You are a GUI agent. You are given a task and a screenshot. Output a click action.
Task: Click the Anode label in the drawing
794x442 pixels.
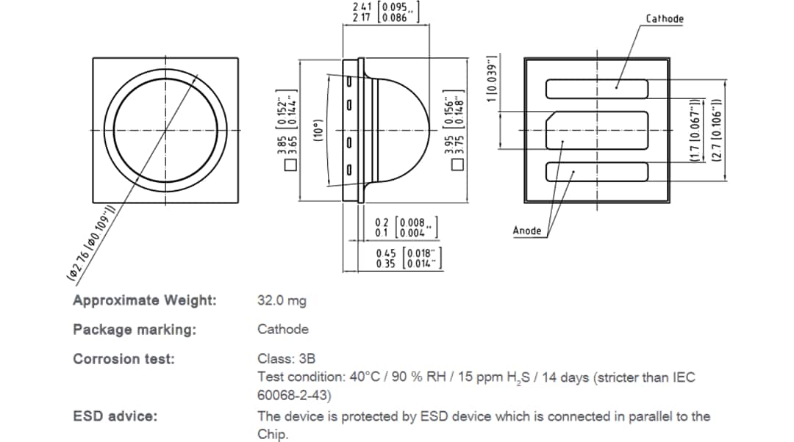[526, 231]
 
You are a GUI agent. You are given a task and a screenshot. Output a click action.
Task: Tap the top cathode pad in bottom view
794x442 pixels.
[596, 89]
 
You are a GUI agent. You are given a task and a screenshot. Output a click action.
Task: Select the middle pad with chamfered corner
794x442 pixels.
[596, 131]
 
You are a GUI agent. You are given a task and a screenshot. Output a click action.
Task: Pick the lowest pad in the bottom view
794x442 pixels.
[596, 172]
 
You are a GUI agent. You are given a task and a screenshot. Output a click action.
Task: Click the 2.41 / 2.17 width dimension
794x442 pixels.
[387, 12]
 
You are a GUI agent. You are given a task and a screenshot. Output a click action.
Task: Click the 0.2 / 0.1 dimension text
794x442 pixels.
[407, 228]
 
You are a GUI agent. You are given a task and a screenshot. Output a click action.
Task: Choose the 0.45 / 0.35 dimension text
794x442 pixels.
[408, 258]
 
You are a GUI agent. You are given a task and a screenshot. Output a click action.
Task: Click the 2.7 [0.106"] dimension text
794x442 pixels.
[718, 131]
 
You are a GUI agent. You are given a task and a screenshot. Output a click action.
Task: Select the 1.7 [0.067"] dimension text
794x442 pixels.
[693, 131]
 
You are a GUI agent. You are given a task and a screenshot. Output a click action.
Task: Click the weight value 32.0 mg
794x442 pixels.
[282, 300]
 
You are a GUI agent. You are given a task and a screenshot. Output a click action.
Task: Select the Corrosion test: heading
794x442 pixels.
[124, 359]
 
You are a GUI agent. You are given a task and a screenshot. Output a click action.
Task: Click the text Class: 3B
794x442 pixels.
[286, 359]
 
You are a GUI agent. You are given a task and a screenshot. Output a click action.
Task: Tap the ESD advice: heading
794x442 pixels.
[115, 416]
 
